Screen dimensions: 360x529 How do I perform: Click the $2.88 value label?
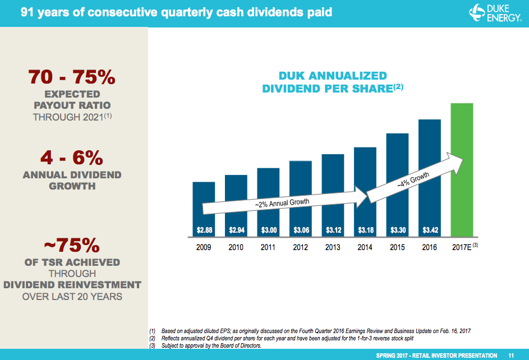click(204, 230)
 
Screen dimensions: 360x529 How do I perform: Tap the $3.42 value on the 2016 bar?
click(430, 230)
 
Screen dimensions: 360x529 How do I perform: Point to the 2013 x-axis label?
click(333, 247)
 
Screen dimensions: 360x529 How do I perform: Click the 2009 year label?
click(204, 247)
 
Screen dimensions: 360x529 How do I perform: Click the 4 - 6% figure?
click(72, 156)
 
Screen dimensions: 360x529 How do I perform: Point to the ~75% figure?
click(72, 244)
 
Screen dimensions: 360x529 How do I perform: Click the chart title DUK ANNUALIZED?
click(332, 76)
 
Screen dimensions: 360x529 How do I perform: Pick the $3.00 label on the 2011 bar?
click(268, 230)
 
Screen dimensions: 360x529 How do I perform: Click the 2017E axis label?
click(462, 247)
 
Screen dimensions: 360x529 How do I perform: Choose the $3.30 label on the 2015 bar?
click(398, 230)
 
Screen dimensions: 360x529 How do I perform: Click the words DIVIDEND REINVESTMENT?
click(72, 285)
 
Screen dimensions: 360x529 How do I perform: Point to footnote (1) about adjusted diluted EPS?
click(314, 331)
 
